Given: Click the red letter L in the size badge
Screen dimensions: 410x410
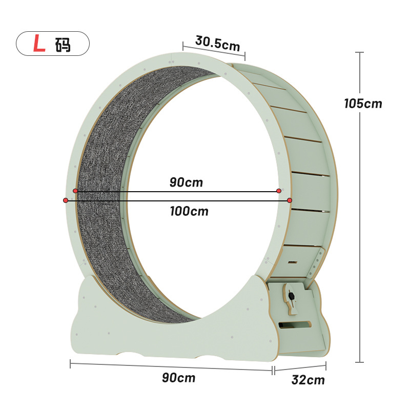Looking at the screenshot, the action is [x=39, y=44].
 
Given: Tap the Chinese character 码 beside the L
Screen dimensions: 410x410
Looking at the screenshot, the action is [x=63, y=44].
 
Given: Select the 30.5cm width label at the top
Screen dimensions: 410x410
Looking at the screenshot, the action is [x=217, y=44].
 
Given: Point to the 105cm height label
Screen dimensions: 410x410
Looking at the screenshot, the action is [x=363, y=104].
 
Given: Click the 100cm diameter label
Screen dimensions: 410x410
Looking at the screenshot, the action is [x=189, y=211].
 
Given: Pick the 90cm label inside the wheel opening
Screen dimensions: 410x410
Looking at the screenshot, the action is [x=186, y=182].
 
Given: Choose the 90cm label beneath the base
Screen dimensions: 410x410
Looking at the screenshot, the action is [x=178, y=378].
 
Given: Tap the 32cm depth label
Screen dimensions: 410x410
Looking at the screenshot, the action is [x=308, y=380].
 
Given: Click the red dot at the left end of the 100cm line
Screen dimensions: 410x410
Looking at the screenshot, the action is [x=66, y=200].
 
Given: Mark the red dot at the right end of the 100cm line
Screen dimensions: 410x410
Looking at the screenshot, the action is [x=290, y=200].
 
